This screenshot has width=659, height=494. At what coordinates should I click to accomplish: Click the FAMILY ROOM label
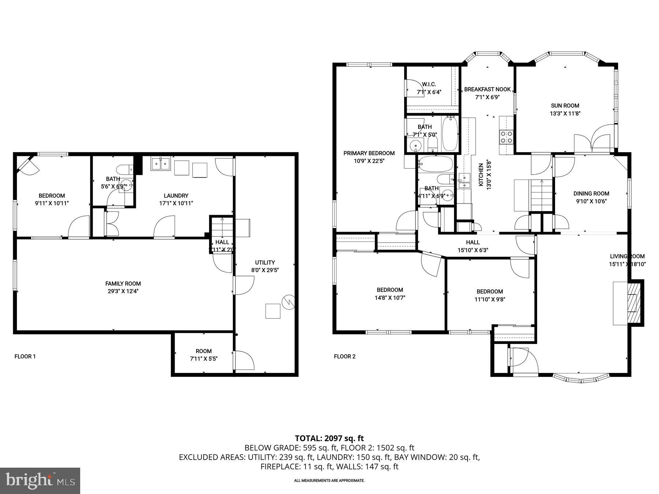pos(123,284)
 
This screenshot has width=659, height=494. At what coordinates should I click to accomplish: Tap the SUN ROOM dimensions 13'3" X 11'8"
pos(565,114)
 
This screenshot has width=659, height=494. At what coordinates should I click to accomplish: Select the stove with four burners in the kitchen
pos(507,137)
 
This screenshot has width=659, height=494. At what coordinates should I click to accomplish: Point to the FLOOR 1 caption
pos(25,356)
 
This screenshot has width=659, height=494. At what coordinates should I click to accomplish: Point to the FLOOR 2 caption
pos(345,356)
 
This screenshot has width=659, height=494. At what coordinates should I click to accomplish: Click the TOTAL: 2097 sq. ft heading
pos(329,438)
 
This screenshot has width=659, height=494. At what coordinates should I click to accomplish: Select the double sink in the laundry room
pos(161,164)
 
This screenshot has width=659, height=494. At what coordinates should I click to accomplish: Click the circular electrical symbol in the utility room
pos(288,302)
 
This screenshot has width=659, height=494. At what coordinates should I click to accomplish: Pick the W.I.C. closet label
pos(429,84)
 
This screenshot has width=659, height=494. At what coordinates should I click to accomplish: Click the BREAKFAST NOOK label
pos(487,89)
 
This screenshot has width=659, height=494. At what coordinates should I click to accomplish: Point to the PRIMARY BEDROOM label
pos(369,153)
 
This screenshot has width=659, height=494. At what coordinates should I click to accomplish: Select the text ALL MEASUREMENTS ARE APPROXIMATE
pos(329,480)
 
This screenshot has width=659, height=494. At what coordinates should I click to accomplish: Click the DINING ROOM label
pos(591,194)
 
